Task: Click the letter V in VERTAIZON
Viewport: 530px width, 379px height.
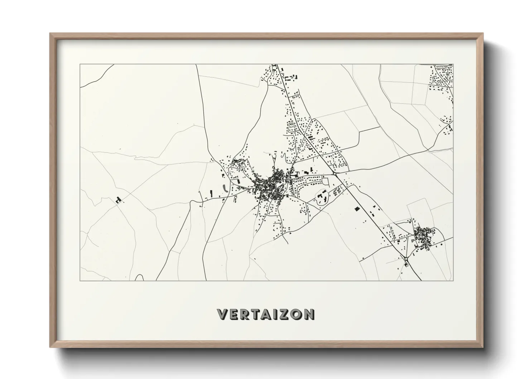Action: click(222, 314)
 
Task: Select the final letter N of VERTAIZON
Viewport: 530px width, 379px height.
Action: click(309, 314)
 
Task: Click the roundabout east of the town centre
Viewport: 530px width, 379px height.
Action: click(334, 173)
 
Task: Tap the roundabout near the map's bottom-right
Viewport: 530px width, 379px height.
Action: click(406, 258)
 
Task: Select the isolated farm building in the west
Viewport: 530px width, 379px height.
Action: click(118, 200)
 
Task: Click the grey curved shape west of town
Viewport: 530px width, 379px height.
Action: click(225, 188)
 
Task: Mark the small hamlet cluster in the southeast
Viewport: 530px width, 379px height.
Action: click(425, 236)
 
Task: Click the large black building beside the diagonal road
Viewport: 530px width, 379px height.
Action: click(356, 209)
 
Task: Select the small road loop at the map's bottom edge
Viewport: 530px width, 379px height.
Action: click(140, 278)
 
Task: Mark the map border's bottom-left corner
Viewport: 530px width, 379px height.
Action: click(80, 280)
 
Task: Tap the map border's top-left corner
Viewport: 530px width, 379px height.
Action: click(80, 64)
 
